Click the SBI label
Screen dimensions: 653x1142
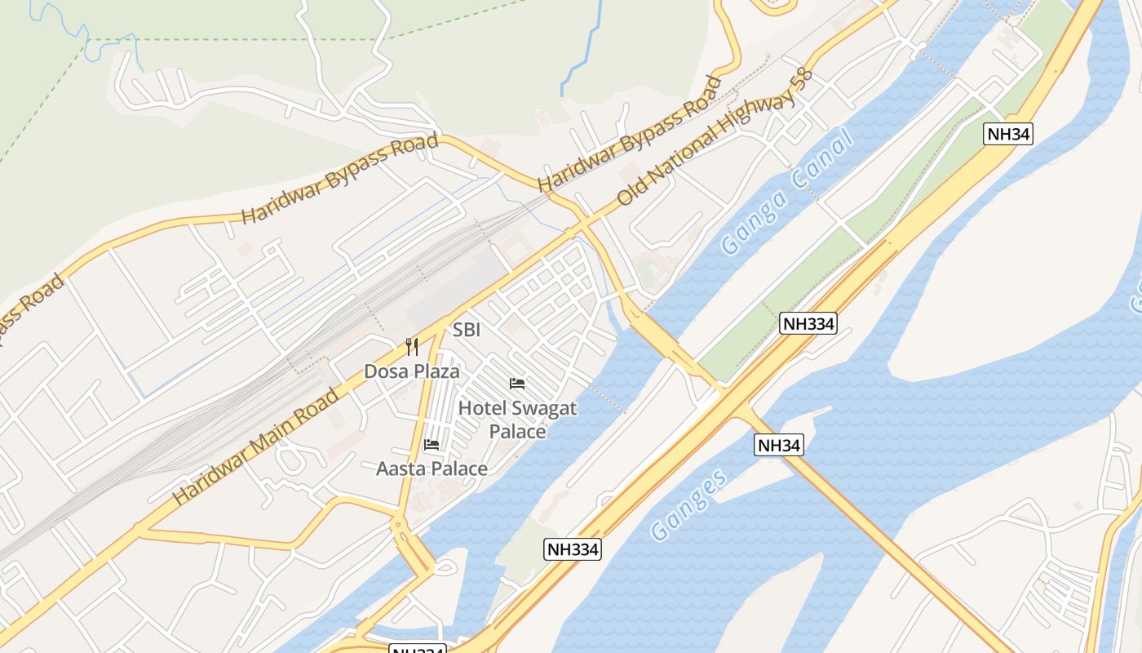pyautogui.click(x=467, y=331)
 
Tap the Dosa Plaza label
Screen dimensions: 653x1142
pyautogui.click(x=411, y=371)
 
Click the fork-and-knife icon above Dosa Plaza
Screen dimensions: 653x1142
pyautogui.click(x=412, y=347)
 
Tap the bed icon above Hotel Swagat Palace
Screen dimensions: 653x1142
pyautogui.click(x=517, y=383)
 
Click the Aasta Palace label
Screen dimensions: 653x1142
pyautogui.click(x=432, y=469)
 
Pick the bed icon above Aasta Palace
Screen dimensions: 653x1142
pyautogui.click(x=432, y=445)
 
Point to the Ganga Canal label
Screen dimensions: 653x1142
pyautogui.click(x=786, y=193)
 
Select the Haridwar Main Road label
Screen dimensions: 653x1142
pyautogui.click(x=255, y=446)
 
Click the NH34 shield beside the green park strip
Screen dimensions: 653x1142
pyautogui.click(x=1008, y=135)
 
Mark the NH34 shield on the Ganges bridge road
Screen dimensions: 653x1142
pyautogui.click(x=779, y=445)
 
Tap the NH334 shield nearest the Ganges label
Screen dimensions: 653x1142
pyautogui.click(x=572, y=549)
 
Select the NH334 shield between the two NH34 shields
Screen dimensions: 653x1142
pyautogui.click(x=808, y=323)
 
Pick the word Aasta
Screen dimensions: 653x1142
pyautogui.click(x=401, y=469)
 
